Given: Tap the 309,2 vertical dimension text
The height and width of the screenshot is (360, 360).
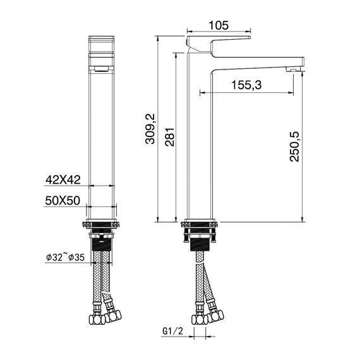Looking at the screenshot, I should click(150, 129).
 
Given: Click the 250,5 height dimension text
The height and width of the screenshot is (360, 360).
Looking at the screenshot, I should click(295, 147).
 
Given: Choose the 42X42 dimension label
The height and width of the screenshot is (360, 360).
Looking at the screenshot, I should click(63, 180).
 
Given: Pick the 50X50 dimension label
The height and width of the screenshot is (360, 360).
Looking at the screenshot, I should click(63, 200).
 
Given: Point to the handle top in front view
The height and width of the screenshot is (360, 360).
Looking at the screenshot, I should click(102, 44).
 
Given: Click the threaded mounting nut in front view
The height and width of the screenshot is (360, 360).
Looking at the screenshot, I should click(101, 242).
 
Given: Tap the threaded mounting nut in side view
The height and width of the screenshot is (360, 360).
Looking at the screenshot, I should click(200, 242).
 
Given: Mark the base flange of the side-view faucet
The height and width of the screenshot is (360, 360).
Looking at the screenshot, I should click(200, 224).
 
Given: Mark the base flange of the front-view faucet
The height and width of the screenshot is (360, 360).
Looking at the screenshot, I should click(101, 224).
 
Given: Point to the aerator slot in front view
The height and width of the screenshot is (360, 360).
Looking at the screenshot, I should click(102, 65).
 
